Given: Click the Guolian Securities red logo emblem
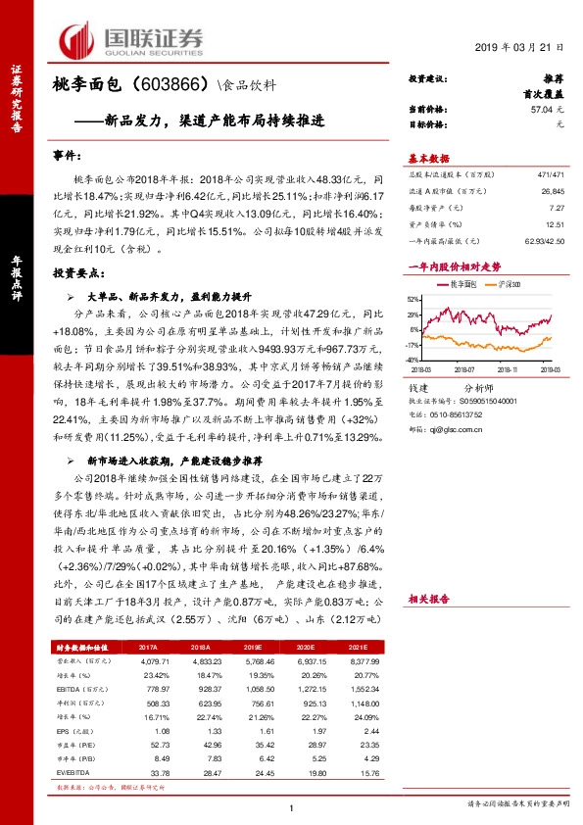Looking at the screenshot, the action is tap(75, 38).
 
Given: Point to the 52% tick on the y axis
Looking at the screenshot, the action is tap(414, 299).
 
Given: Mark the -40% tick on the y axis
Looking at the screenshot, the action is tap(413, 362).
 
